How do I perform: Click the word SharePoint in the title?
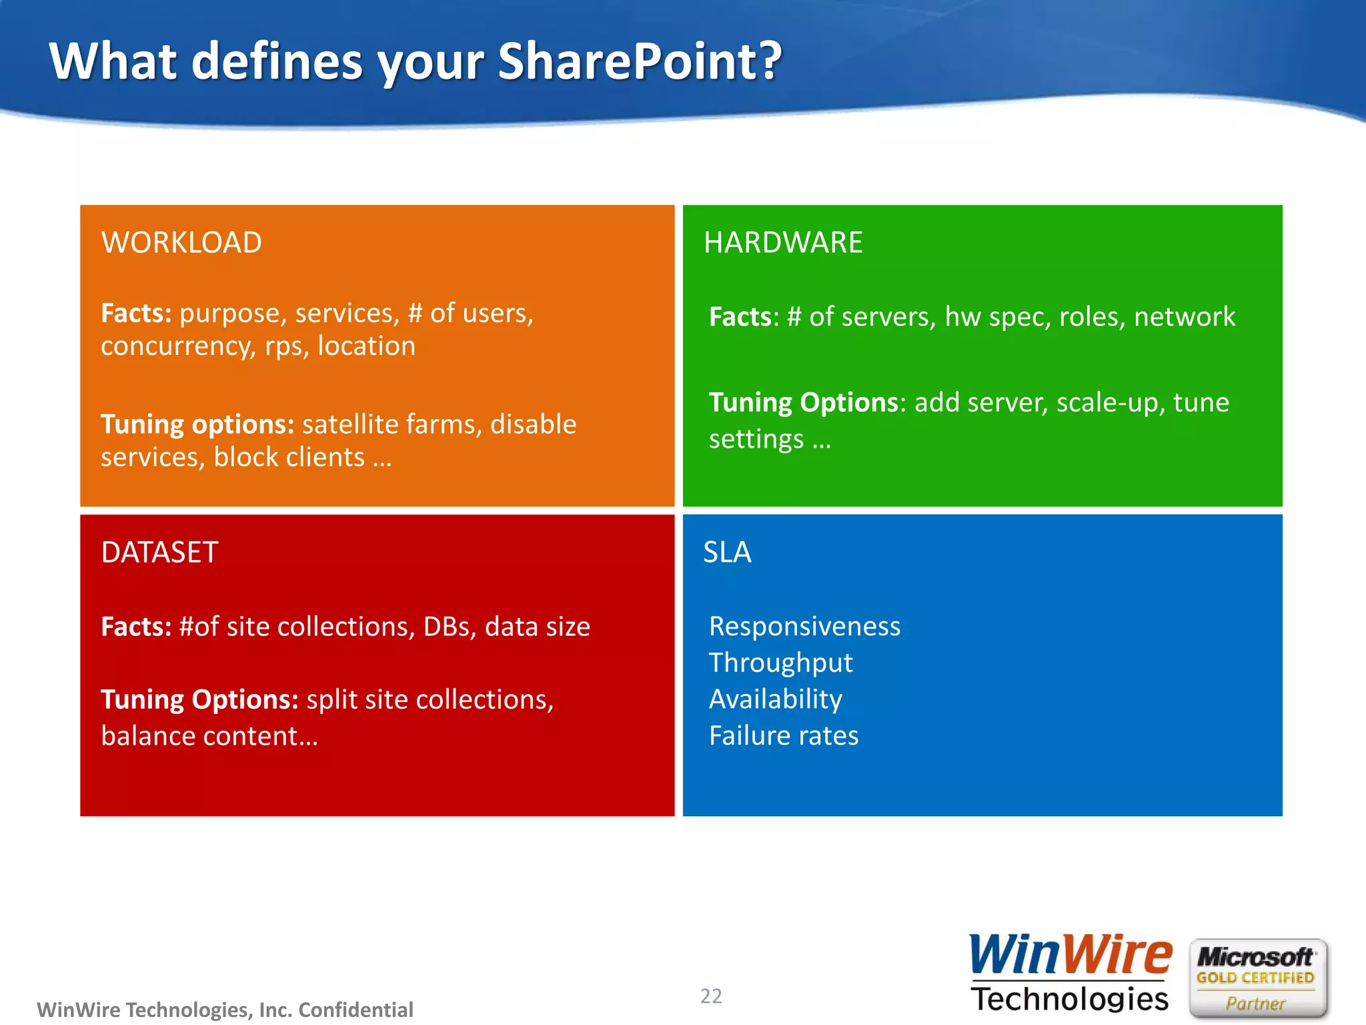pyautogui.click(x=639, y=61)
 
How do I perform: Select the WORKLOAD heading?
pyautogui.click(x=181, y=242)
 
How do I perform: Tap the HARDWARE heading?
pyautogui.click(x=783, y=242)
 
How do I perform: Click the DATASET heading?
pyautogui.click(x=159, y=553)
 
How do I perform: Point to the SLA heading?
pyautogui.click(x=727, y=553)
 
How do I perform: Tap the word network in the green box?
pyautogui.click(x=1185, y=317)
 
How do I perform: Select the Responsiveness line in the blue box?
pyautogui.click(x=804, y=627)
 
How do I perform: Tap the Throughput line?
pyautogui.click(x=780, y=663)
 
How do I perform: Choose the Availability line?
pyautogui.click(x=775, y=699)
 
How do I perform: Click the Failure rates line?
pyautogui.click(x=784, y=735)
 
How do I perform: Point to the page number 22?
pyautogui.click(x=711, y=996)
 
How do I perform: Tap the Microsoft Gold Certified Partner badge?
pyautogui.click(x=1257, y=978)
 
